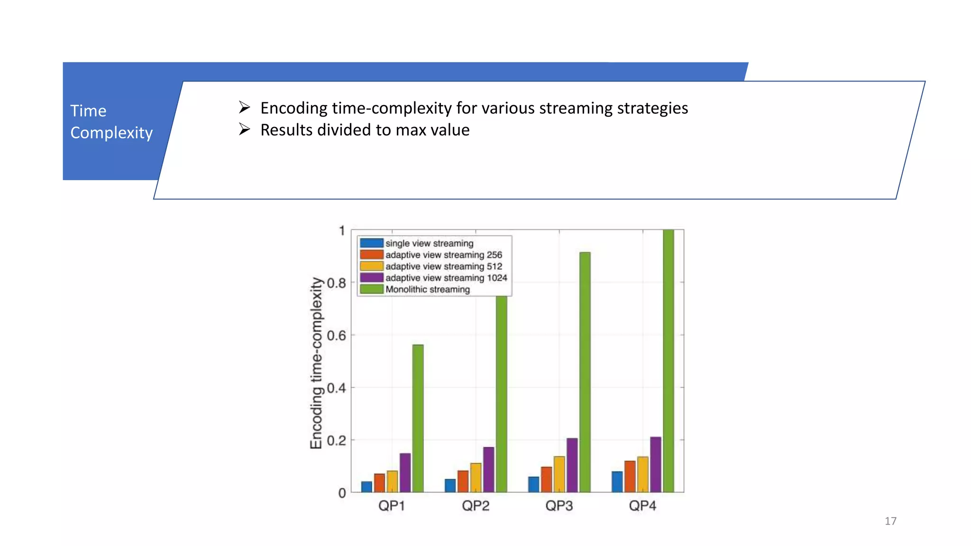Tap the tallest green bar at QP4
668,360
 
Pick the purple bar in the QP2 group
488,469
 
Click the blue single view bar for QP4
617,482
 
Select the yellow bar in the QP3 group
559,474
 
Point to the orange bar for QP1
379,482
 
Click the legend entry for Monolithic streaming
427,289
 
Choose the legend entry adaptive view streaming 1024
446,278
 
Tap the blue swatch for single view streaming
371,243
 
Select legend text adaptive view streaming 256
443,255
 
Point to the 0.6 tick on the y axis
337,336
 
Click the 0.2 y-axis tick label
337,441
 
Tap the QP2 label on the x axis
476,506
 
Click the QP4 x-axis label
642,506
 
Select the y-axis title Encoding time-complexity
316,363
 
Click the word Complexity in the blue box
111,133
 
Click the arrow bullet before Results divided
244,129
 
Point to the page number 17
890,521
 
